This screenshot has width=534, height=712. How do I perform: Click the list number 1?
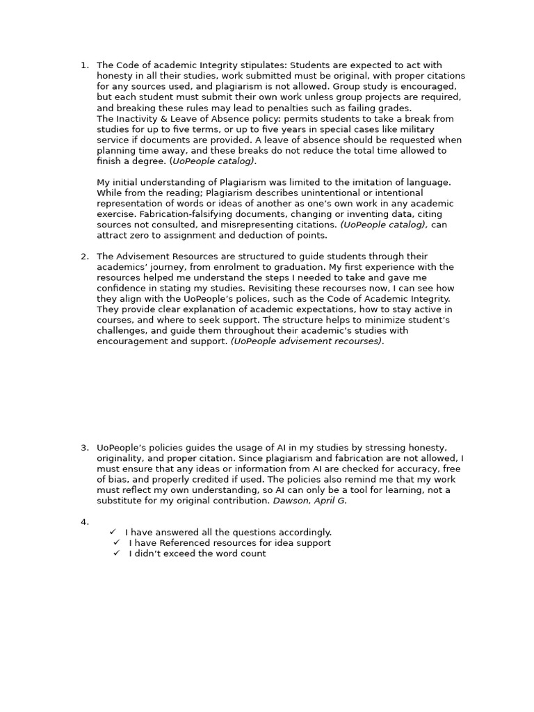tap(83, 65)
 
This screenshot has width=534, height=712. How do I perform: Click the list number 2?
tap(83, 257)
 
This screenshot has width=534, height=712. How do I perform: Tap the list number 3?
tap(83, 448)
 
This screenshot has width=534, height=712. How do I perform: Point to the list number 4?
tap(83, 521)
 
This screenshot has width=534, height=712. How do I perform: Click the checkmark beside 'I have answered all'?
tap(113, 532)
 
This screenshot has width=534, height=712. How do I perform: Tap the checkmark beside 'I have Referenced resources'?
tap(117, 542)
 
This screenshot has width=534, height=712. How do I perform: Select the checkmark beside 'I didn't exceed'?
tap(117, 553)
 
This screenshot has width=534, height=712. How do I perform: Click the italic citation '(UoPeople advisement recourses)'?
tap(307, 341)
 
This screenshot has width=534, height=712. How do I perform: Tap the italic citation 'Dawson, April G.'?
tap(309, 501)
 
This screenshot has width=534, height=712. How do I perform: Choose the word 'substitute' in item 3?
tap(119, 501)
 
